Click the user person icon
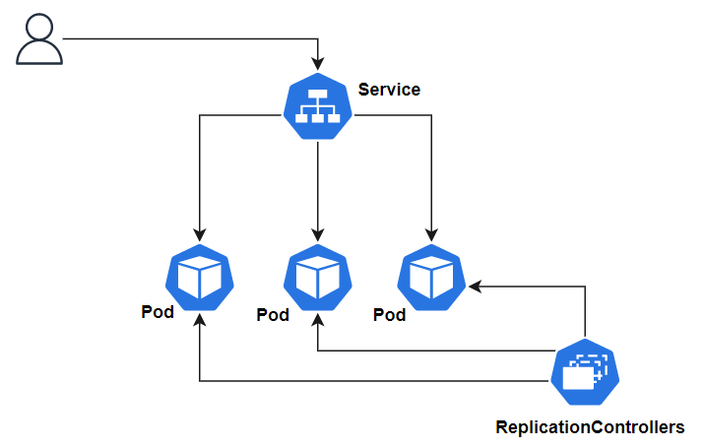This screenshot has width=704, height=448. coord(39,40)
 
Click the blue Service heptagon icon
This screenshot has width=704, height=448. coord(317,107)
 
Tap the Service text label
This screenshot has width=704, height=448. coord(389,90)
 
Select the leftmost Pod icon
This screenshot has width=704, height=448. coord(200,277)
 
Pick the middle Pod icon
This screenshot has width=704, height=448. coord(317,277)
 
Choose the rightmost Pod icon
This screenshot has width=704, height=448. coord(431,277)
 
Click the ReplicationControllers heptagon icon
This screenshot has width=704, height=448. coord(586,373)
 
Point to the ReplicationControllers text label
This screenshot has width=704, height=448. coord(590,427)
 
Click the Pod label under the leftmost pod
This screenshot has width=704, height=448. coord(158,313)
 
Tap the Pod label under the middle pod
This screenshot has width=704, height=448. coord(273,315)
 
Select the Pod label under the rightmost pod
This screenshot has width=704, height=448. coord(390,315)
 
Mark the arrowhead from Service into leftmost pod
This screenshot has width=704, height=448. coord(200,235)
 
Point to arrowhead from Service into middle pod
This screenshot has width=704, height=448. coord(317,235)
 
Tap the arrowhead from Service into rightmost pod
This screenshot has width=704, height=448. coord(431,235)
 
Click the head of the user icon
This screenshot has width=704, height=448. coord(39,29)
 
